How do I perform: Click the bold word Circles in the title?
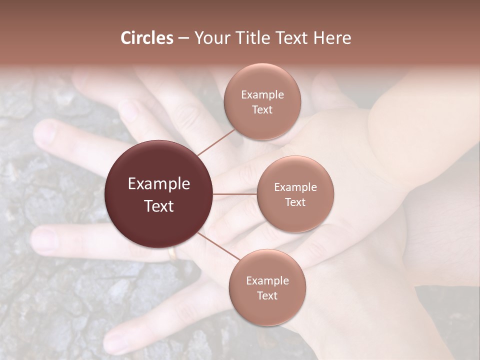pyautogui.click(x=147, y=38)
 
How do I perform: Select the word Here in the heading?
pyautogui.click(x=332, y=38)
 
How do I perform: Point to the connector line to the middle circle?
pyautogui.click(x=235, y=194)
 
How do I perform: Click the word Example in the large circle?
pyautogui.click(x=159, y=184)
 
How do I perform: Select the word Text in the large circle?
pyautogui.click(x=159, y=206)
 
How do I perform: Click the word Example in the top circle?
pyautogui.click(x=262, y=95)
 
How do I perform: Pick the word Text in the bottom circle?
pyautogui.click(x=267, y=295)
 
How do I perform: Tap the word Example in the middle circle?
pyautogui.click(x=295, y=187)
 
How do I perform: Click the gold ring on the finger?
pyautogui.click(x=172, y=254)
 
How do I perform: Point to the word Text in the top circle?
pyautogui.click(x=262, y=110)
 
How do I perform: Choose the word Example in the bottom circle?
pyautogui.click(x=267, y=281)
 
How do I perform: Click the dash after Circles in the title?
pyautogui.click(x=183, y=38)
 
